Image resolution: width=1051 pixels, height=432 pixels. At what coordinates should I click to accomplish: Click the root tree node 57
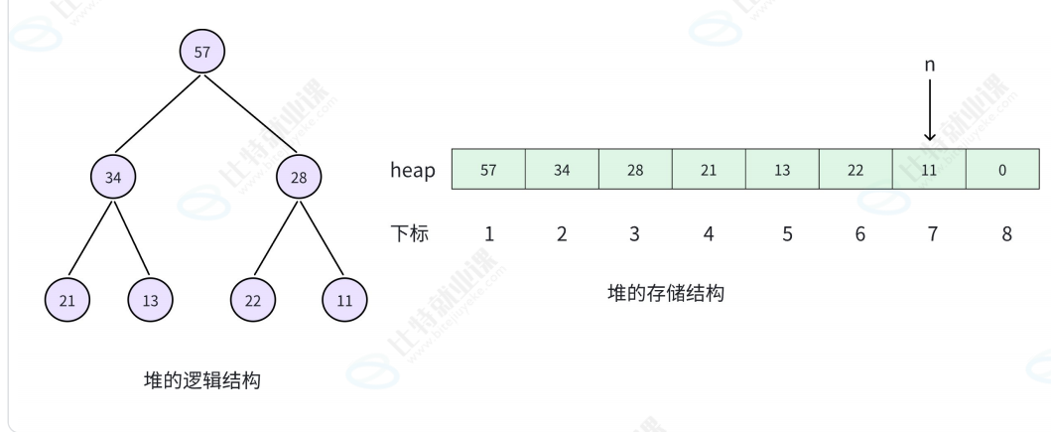click(202, 53)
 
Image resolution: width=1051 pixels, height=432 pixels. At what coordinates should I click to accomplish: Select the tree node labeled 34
click(112, 179)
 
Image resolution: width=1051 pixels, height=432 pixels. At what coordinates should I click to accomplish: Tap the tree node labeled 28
click(300, 179)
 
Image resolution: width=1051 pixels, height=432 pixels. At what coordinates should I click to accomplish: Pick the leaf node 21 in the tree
click(66, 299)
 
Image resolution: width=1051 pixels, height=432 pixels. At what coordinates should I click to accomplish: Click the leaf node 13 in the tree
click(149, 299)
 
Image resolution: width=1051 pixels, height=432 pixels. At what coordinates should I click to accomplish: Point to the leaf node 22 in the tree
click(252, 299)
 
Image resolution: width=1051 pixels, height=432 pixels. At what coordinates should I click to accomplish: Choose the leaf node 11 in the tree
click(343, 299)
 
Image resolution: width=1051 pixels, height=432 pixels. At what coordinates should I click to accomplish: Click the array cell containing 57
click(488, 170)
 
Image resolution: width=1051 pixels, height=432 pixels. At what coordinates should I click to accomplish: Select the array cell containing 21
click(709, 170)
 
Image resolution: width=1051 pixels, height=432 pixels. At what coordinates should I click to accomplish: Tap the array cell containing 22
click(855, 170)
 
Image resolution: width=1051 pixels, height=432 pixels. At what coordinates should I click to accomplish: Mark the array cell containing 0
click(1002, 170)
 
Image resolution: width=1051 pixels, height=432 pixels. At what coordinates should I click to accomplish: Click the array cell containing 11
click(929, 170)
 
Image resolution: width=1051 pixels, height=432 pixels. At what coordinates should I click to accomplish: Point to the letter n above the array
click(929, 66)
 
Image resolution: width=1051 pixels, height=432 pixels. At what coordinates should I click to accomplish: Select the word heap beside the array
click(412, 171)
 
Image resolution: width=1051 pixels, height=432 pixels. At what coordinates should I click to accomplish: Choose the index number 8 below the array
click(1006, 235)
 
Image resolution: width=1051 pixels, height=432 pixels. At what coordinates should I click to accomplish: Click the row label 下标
click(409, 234)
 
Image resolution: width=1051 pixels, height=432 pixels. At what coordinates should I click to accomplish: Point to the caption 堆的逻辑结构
click(202, 379)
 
